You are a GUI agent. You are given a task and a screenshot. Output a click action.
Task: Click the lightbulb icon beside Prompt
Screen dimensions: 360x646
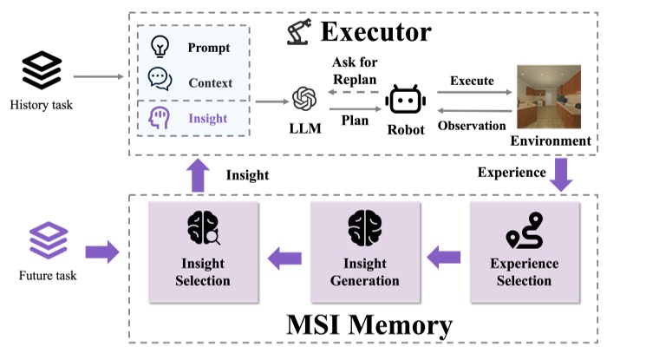160,46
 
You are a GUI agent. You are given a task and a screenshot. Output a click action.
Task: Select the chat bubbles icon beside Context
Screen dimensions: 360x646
160,80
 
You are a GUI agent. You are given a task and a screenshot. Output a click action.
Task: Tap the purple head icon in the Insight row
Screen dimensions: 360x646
160,117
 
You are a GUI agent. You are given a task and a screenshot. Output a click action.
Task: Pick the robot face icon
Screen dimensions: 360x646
405,101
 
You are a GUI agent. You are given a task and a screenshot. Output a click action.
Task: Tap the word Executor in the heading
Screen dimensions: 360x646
375,33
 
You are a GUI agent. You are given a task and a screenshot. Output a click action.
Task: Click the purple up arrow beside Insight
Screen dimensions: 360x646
197,176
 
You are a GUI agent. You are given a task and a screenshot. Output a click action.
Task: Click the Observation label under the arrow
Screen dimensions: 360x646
471,126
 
